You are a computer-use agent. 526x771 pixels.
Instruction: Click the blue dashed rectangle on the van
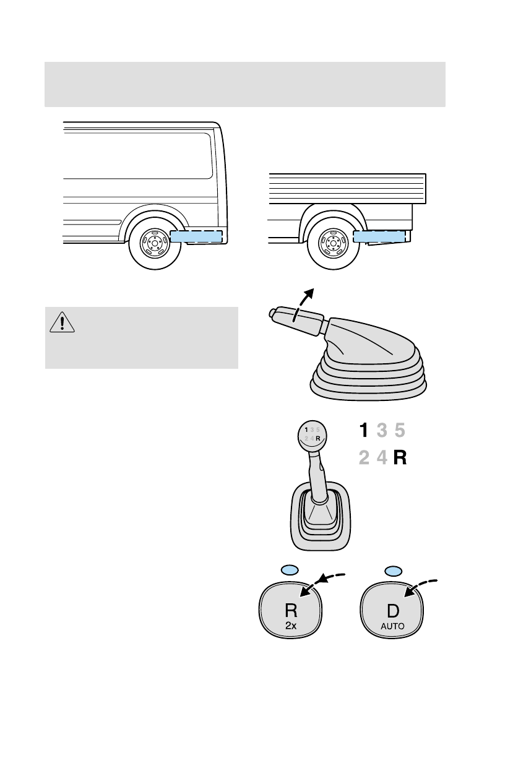[x=196, y=236]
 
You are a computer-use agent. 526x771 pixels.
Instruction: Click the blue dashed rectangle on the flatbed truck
[x=379, y=236]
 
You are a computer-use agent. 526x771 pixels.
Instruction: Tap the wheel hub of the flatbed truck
[x=333, y=243]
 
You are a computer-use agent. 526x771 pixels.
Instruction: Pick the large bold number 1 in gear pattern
[x=365, y=430]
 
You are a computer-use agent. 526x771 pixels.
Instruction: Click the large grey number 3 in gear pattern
[x=382, y=430]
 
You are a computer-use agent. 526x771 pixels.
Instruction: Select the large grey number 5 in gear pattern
[x=400, y=430]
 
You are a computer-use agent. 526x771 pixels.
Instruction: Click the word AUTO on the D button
[x=392, y=626]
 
